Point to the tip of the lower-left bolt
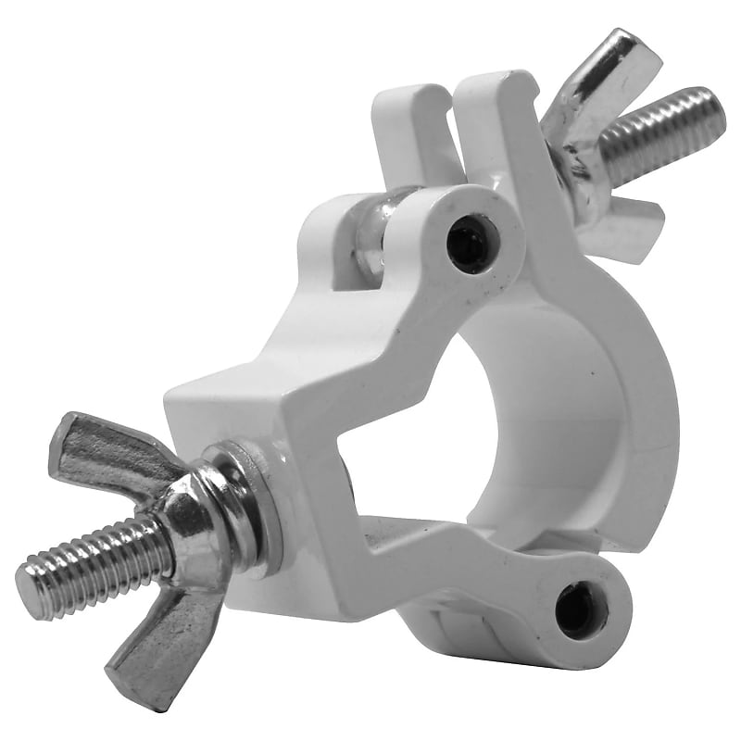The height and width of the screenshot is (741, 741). (30, 589)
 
